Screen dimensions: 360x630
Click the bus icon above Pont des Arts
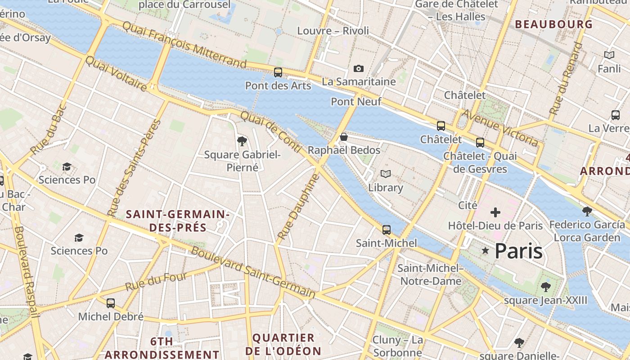pyautogui.click(x=278, y=72)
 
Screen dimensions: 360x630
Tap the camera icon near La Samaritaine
pyautogui.click(x=358, y=68)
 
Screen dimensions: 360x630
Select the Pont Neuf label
pyautogui.click(x=356, y=102)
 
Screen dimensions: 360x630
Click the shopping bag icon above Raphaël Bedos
pyautogui.click(x=344, y=137)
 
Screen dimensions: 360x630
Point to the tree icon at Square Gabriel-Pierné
pyautogui.click(x=242, y=141)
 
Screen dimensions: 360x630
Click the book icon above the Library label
pyautogui.click(x=385, y=174)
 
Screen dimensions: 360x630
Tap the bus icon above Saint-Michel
pyautogui.click(x=386, y=230)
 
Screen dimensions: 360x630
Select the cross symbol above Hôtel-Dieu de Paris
pyautogui.click(x=495, y=212)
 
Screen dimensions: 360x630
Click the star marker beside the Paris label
pyautogui.click(x=485, y=251)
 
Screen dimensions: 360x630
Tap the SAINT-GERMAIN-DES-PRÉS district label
pyautogui.click(x=178, y=221)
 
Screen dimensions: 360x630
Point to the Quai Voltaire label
pyautogui.click(x=116, y=73)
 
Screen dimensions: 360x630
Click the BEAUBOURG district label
pyautogui.click(x=553, y=24)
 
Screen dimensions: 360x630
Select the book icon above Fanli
pyautogui.click(x=609, y=55)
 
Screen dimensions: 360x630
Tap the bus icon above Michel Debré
pyautogui.click(x=111, y=303)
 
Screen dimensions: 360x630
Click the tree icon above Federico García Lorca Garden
pyautogui.click(x=587, y=211)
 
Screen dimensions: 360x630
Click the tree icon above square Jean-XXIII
pyautogui.click(x=545, y=287)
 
